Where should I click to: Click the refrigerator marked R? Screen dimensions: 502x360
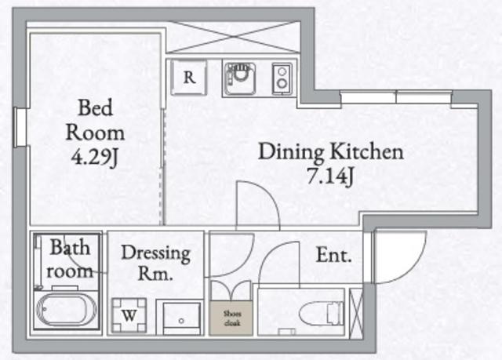coord(189,78)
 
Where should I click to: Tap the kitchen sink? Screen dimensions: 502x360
coord(239,79)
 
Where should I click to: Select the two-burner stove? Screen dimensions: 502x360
coord(282,78)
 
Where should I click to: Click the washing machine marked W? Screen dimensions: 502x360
coord(129,315)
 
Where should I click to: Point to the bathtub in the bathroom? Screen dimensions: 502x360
coord(66,310)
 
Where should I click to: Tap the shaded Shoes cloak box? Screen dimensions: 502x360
coord(231,318)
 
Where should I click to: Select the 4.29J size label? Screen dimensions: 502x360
coord(94,157)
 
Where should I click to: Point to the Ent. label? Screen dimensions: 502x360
coord(333,256)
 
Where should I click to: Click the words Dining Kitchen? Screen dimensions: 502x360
coord(331,151)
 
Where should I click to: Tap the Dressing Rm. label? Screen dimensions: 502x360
coord(156,263)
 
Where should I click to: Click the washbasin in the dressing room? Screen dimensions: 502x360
coord(181,318)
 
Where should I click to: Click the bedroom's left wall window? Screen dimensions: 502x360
coord(21,127)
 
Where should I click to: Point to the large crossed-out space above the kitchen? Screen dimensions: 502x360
coord(234,37)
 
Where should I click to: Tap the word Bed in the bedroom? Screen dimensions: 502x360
coord(95,107)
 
